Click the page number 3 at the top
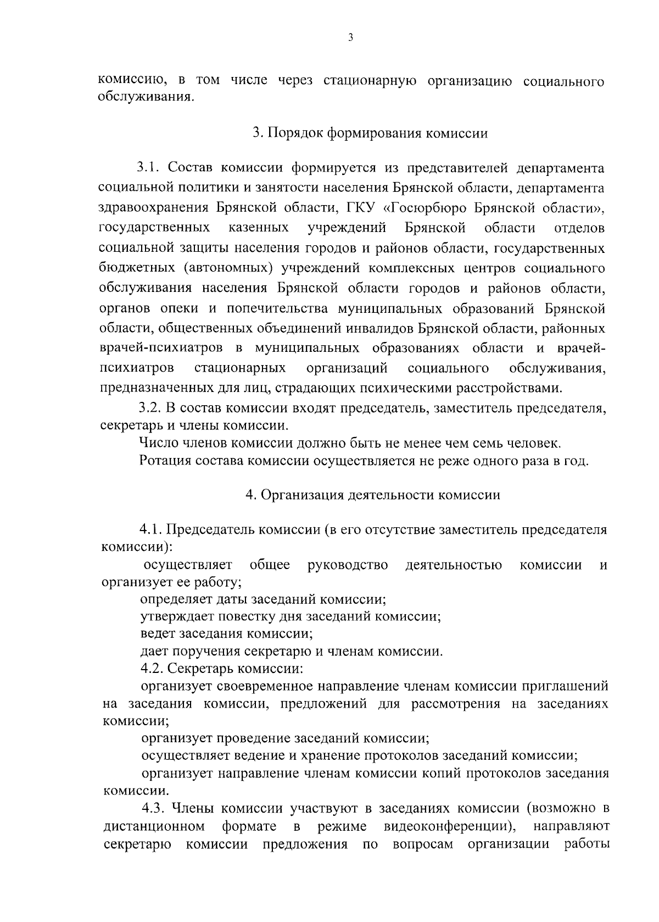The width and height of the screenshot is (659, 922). point(351,38)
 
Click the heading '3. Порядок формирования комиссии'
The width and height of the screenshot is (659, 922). point(370,134)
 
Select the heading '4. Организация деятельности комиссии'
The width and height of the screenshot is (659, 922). point(373,495)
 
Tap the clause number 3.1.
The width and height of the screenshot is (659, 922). point(149,167)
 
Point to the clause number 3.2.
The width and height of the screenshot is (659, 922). point(149,408)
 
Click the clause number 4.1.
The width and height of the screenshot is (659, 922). point(151,530)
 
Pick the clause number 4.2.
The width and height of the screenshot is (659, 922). point(152,669)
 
